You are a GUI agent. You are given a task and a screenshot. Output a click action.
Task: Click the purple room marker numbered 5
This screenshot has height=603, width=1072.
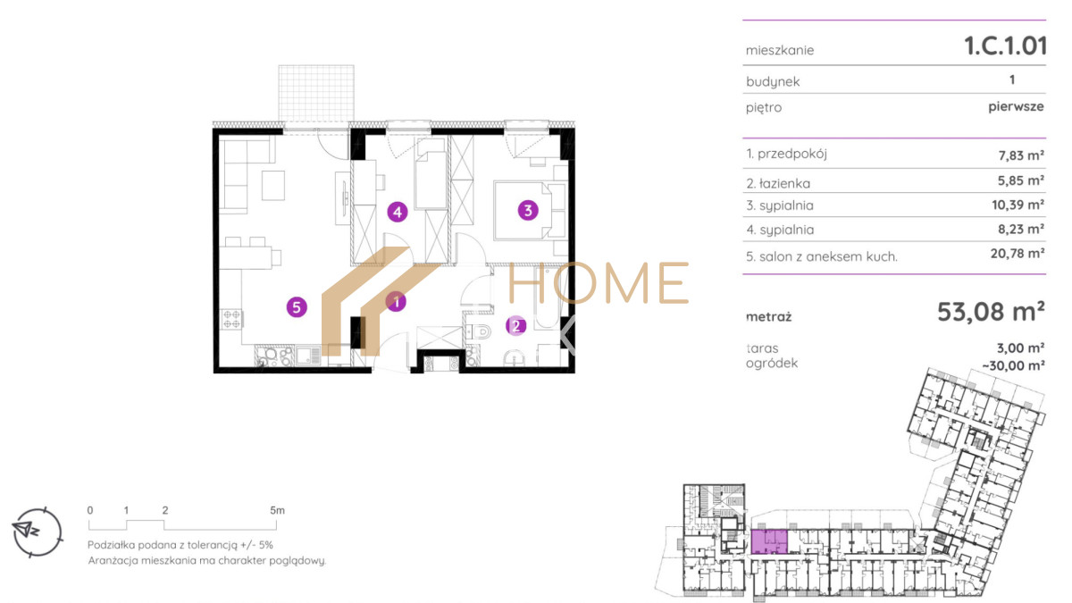click(x=297, y=307)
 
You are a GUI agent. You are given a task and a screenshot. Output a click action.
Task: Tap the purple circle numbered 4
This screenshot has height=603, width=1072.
click(x=398, y=212)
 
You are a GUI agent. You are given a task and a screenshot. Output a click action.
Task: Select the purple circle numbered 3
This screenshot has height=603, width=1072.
click(x=528, y=210)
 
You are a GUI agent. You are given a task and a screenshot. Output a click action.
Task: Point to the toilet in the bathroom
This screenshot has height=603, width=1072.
click(x=479, y=331)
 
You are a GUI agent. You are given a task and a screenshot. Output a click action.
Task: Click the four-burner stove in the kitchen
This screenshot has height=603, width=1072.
click(x=231, y=319)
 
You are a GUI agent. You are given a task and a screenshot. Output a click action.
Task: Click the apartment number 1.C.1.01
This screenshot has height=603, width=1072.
click(x=1005, y=46)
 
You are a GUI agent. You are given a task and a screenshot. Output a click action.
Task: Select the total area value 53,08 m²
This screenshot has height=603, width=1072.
click(x=991, y=312)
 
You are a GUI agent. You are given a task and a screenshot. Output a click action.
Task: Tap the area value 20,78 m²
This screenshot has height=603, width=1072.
click(x=1017, y=253)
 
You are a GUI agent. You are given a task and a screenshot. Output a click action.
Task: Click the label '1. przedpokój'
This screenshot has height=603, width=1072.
click(x=786, y=154)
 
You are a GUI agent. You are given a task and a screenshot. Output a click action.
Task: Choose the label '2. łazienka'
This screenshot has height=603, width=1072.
click(x=778, y=183)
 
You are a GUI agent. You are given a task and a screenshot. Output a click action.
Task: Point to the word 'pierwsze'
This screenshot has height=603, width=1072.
click(x=1016, y=106)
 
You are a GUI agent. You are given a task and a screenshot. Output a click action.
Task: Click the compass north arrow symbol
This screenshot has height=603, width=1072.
click(x=26, y=529)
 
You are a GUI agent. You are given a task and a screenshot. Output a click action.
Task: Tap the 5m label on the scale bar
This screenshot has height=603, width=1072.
click(x=277, y=510)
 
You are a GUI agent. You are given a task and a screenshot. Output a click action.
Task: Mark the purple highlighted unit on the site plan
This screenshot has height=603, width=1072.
click(x=769, y=541)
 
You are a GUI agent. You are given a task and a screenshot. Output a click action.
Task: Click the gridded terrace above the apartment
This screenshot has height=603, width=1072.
click(x=316, y=93)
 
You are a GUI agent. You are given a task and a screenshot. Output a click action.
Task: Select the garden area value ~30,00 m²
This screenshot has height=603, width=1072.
click(x=1013, y=365)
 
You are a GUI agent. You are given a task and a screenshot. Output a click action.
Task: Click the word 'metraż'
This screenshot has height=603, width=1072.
click(x=768, y=317)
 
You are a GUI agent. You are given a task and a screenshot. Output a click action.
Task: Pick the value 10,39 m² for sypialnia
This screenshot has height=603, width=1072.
click(x=1018, y=205)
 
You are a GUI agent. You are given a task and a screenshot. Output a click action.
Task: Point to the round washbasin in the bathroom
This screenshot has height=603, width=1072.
click(x=515, y=357)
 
